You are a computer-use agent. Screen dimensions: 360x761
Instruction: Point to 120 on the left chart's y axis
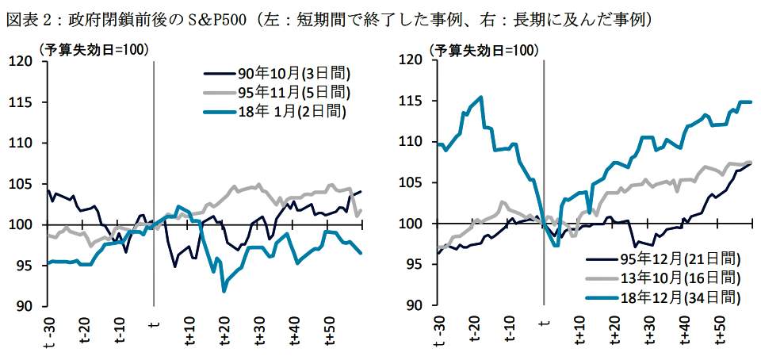(24, 61)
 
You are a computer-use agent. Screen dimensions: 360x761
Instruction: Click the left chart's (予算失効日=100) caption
(94, 50)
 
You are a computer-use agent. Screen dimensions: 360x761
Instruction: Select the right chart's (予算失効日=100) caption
(483, 50)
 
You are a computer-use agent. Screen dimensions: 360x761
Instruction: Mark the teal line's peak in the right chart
(481, 98)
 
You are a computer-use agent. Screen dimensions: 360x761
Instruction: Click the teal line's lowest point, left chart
(224, 291)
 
